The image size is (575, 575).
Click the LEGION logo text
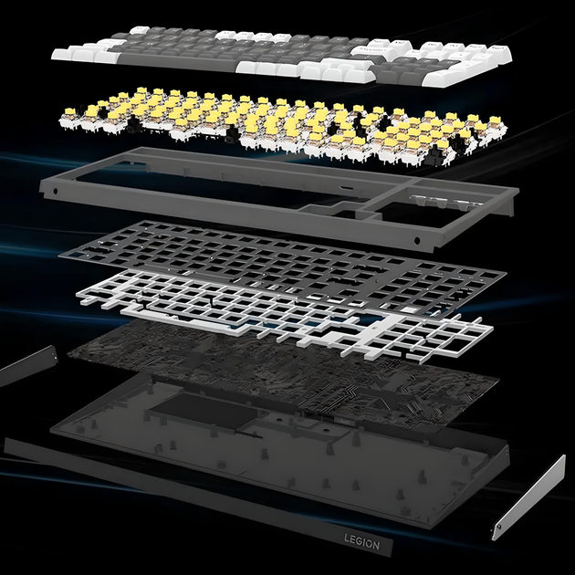click(362, 541)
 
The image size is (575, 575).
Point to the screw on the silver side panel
click(498, 528)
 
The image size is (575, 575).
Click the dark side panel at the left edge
click(27, 366)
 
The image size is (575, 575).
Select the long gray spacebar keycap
click(176, 61)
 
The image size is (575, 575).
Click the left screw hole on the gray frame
click(56, 191)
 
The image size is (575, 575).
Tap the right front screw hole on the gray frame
click(416, 241)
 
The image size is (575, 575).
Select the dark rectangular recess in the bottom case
click(204, 409)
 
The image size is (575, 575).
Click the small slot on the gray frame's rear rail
click(347, 189)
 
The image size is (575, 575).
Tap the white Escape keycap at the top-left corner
click(140, 30)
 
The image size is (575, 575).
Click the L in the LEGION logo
click(347, 538)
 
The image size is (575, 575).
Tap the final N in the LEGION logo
click(376, 545)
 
